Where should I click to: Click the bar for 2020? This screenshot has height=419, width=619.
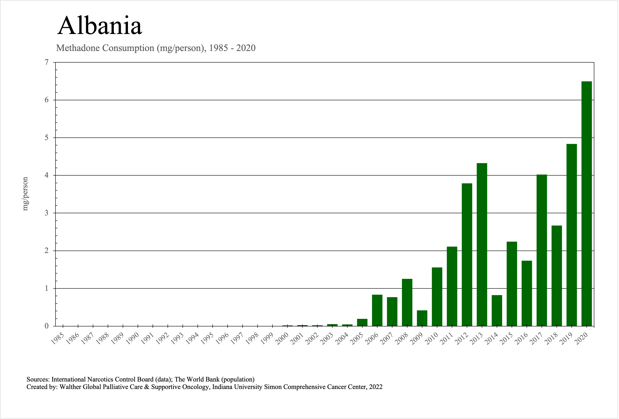[586, 203]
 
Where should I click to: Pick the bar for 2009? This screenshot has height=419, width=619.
[422, 318]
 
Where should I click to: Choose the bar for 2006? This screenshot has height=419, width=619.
[377, 310]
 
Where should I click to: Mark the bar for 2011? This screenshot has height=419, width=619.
[452, 286]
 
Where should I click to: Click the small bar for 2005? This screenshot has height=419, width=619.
[362, 322]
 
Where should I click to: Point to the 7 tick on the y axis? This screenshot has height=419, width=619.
[47, 62]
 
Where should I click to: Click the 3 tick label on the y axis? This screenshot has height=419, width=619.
[47, 213]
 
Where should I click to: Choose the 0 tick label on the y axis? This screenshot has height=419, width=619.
[47, 326]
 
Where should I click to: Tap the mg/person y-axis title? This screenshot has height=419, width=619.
[25, 194]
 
